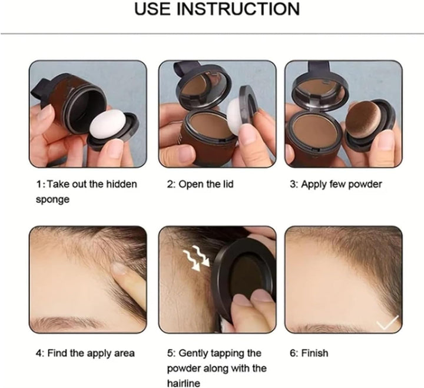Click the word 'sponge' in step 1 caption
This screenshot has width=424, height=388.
pyautogui.click(x=52, y=199)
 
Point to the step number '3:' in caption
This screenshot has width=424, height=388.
pyautogui.click(x=293, y=184)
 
